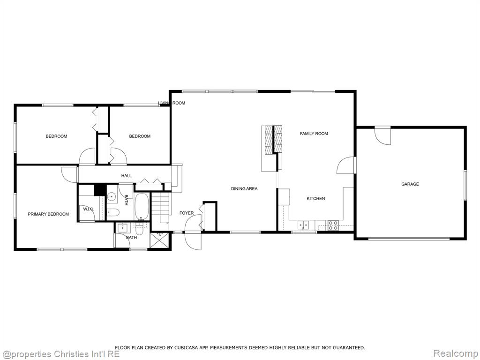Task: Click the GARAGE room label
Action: click(410, 184)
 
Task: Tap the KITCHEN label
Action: click(315, 198)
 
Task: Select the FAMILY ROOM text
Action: click(314, 134)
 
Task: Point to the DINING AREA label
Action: click(244, 188)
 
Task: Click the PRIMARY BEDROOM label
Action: click(48, 214)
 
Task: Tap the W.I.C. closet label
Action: click(89, 209)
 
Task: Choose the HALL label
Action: click(127, 176)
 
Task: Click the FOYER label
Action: click(187, 213)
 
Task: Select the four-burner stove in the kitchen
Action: click(333, 225)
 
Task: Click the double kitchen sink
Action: click(303, 225)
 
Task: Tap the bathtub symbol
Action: click(142, 206)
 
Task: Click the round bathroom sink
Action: click(112, 196)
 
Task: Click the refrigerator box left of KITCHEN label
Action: click(284, 197)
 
